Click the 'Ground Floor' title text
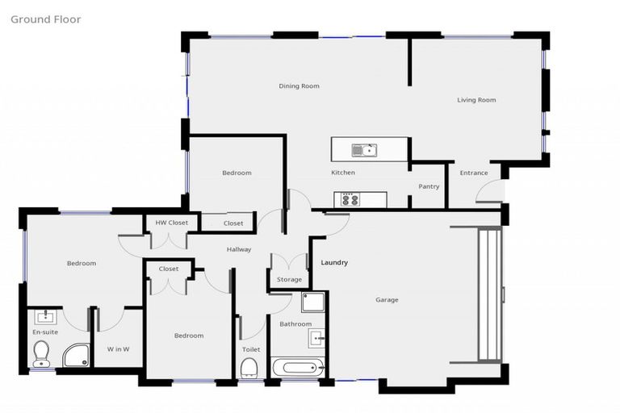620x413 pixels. (x=45, y=19)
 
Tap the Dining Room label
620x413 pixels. (x=299, y=86)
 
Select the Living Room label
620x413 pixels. (x=476, y=100)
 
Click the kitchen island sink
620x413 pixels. (x=363, y=149)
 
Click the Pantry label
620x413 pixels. (x=429, y=186)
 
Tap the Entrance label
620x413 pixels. (x=474, y=173)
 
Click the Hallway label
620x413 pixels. (x=239, y=249)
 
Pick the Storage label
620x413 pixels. (x=289, y=279)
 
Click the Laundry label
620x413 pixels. (x=334, y=263)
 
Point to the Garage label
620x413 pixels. (x=387, y=300)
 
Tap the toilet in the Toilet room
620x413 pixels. (x=249, y=368)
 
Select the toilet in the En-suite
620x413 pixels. (x=42, y=353)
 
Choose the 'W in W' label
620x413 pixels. (x=119, y=348)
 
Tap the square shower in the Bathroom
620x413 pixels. (x=312, y=302)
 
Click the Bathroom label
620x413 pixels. (x=295, y=324)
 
